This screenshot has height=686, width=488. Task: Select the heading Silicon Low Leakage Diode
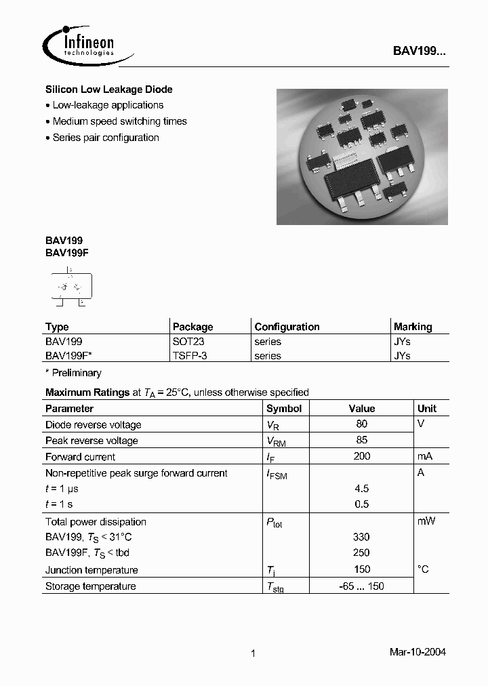(x=108, y=89)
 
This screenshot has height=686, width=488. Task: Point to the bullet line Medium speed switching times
(x=119, y=121)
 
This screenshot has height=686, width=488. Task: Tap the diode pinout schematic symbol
(x=70, y=287)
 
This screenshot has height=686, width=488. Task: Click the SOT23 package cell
(x=188, y=342)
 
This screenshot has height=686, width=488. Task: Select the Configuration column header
(x=287, y=327)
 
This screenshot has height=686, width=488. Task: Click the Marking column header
(x=413, y=327)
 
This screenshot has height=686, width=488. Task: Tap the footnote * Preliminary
(x=73, y=373)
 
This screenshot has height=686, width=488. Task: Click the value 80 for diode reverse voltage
(x=362, y=424)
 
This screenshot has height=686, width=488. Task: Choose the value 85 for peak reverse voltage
(x=362, y=440)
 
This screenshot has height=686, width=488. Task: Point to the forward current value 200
(x=362, y=456)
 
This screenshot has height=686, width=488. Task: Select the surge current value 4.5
(x=362, y=488)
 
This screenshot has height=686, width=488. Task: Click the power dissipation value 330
(x=362, y=537)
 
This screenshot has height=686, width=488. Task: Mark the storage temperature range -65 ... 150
(x=362, y=586)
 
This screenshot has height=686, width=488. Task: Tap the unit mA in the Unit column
(x=425, y=456)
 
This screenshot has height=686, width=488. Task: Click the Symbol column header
(x=284, y=409)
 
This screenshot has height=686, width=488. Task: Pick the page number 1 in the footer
(x=253, y=653)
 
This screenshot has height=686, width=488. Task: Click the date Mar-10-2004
(x=418, y=652)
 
